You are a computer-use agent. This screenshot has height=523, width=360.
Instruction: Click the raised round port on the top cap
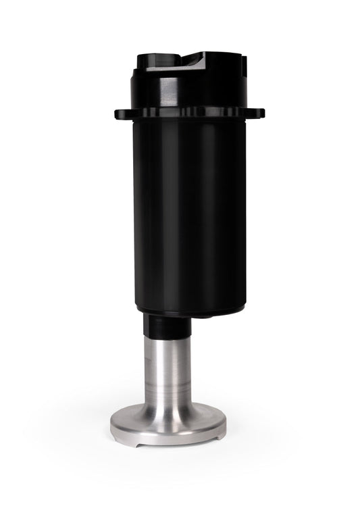coord(156,59)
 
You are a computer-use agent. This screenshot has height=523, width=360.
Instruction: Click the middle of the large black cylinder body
coord(190,209)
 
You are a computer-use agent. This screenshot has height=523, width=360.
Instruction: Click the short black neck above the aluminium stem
coord(166,327)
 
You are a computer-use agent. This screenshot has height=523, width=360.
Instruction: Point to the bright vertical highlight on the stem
coord(174,372)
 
